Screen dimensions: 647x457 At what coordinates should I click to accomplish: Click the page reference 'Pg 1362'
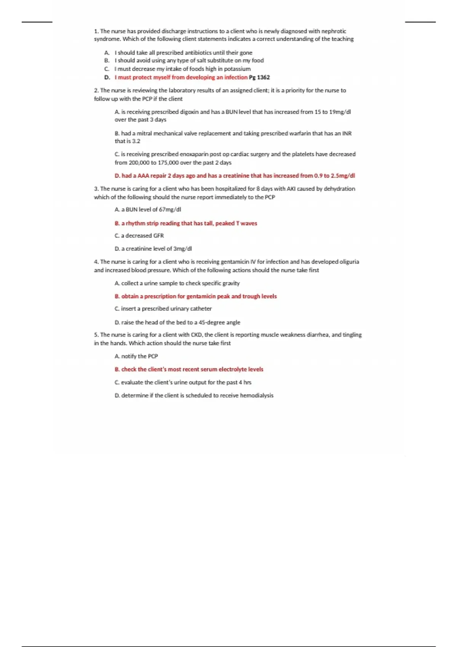tap(259, 77)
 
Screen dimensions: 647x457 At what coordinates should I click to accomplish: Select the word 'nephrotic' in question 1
tap(334, 31)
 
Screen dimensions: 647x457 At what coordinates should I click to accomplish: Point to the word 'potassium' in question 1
tap(238, 69)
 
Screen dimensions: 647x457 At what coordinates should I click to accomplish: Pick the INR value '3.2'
tap(136, 141)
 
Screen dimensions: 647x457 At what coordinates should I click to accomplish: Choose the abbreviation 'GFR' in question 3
tap(158, 236)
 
